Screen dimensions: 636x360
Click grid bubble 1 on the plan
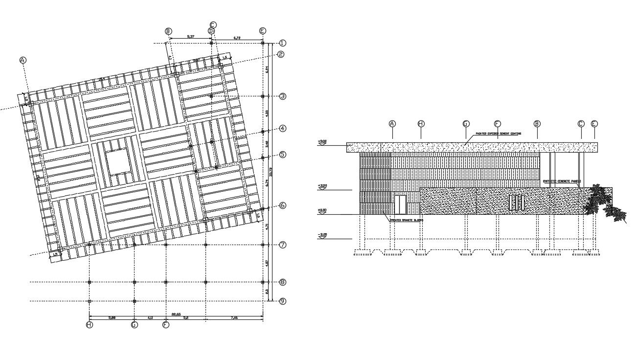(282, 43)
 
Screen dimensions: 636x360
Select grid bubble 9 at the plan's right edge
(282, 301)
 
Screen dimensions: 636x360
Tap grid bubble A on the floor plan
(23, 60)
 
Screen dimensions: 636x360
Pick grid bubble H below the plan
(89, 325)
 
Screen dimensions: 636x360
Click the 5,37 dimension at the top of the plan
(191, 37)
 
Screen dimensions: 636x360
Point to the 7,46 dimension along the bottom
(234, 318)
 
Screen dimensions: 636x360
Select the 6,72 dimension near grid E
(237, 37)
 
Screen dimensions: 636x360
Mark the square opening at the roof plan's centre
(118, 162)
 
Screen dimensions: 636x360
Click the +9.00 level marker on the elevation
(322, 142)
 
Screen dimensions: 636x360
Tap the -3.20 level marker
(322, 235)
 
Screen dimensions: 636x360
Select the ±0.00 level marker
(322, 211)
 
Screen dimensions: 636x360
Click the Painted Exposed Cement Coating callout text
(498, 133)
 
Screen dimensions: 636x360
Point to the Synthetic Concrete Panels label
(561, 181)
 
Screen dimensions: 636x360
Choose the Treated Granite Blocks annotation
(406, 220)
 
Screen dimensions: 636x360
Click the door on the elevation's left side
(400, 204)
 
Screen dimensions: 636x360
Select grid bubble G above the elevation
(466, 124)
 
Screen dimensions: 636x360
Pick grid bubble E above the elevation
(594, 124)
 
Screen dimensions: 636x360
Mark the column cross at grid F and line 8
(166, 282)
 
